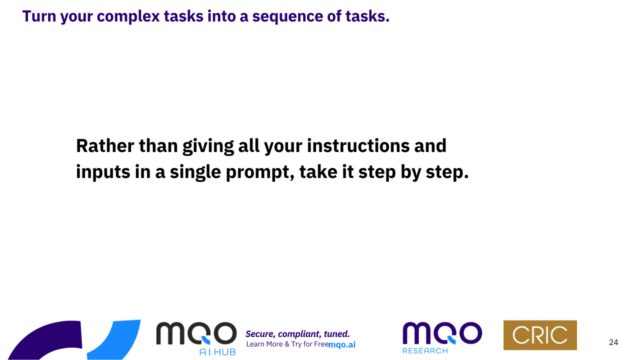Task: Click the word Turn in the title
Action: pyautogui.click(x=39, y=16)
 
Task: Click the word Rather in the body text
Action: pyautogui.click(x=105, y=145)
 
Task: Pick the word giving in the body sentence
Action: pyautogui.click(x=208, y=147)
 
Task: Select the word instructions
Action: pyautogui.click(x=358, y=145)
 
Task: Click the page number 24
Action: pyautogui.click(x=613, y=342)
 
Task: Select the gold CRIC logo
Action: pyautogui.click(x=540, y=335)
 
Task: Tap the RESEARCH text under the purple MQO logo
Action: pyautogui.click(x=425, y=350)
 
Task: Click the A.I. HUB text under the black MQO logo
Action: pyautogui.click(x=217, y=352)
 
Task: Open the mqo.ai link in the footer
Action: pyautogui.click(x=342, y=345)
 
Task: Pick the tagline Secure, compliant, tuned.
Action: pyautogui.click(x=297, y=334)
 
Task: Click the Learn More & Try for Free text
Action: pyautogui.click(x=287, y=344)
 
